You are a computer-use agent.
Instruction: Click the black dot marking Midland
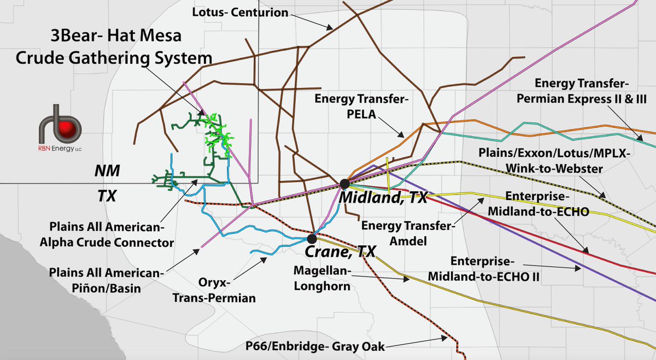(x=344, y=184)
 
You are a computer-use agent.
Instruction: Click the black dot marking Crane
(x=312, y=238)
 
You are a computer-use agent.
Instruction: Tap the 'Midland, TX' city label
(x=383, y=198)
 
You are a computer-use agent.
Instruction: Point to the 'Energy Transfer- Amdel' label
(x=407, y=232)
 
